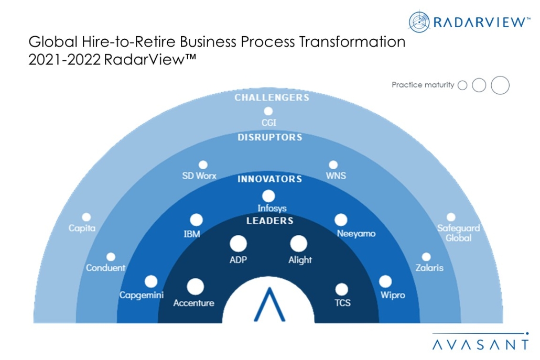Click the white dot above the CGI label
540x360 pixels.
click(268, 111)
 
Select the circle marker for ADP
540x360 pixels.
click(238, 243)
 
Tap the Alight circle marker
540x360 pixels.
click(298, 243)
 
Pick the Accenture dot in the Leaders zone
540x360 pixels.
click(195, 287)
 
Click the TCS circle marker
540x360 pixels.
click(341, 289)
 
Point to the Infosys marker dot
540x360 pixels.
click(268, 196)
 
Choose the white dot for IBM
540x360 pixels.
click(196, 220)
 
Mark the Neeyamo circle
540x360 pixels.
click(341, 220)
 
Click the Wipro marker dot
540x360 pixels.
click(385, 281)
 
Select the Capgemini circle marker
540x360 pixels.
click(151, 281)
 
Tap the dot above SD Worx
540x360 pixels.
click(203, 165)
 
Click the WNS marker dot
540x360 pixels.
click(333, 165)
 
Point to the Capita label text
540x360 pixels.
click(82, 228)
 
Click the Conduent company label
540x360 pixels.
click(106, 268)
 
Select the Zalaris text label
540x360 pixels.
click(429, 268)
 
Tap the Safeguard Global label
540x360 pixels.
click(458, 233)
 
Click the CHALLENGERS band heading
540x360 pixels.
click(272, 97)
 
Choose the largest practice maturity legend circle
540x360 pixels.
click(500, 85)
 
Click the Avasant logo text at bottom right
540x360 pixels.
click(480, 344)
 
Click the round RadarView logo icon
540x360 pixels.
click(419, 21)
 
